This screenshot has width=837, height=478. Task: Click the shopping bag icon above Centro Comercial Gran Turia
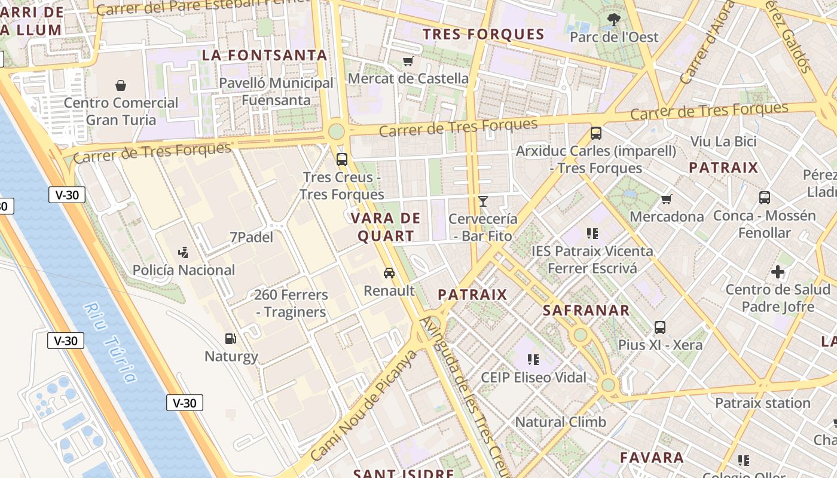click(x=121, y=85)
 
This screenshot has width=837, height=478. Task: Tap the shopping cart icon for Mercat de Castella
click(x=408, y=61)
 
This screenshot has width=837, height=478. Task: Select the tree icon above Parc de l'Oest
click(x=613, y=19)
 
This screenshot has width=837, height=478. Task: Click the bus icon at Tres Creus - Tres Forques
click(x=342, y=160)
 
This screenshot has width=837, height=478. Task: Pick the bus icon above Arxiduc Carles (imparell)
click(x=596, y=133)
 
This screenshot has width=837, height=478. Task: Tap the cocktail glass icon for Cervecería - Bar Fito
click(x=483, y=201)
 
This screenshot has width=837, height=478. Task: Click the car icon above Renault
click(x=389, y=273)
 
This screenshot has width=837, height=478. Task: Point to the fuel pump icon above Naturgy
click(x=231, y=339)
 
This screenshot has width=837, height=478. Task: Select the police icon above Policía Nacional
click(x=184, y=252)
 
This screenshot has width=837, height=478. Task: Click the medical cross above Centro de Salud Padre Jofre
click(x=778, y=272)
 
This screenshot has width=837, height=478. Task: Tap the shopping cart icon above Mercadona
click(x=667, y=199)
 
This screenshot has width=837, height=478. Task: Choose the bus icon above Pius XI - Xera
click(x=660, y=327)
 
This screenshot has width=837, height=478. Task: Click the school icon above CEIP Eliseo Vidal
click(x=533, y=360)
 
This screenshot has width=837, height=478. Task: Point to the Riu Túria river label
click(x=110, y=342)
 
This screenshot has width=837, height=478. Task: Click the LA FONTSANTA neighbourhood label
click(x=265, y=56)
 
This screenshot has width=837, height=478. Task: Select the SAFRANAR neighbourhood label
click(x=586, y=311)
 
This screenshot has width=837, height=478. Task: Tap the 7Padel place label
click(x=251, y=237)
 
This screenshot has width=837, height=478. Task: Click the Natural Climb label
click(x=560, y=422)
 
